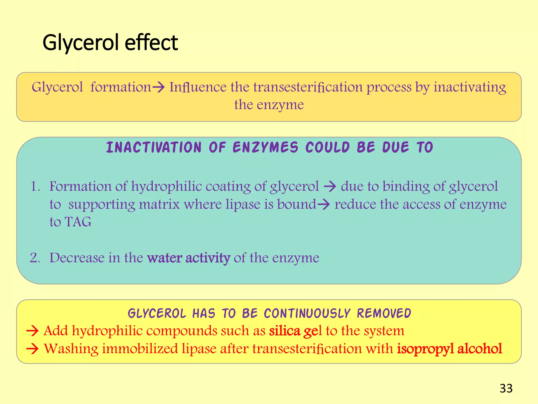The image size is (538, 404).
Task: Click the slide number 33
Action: pyautogui.click(x=506, y=388)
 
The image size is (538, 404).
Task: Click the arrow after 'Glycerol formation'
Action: pyautogui.click(x=158, y=87)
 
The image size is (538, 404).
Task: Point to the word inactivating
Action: pyautogui.click(x=470, y=87)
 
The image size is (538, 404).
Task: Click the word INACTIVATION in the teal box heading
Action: pyautogui.click(x=154, y=147)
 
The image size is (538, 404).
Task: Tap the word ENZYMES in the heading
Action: pyautogui.click(x=266, y=147)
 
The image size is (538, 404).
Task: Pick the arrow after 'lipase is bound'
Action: pyautogui.click(x=323, y=204)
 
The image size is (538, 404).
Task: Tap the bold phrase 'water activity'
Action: pyautogui.click(x=189, y=258)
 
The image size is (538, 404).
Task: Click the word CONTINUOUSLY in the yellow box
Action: pyautogui.click(x=307, y=313)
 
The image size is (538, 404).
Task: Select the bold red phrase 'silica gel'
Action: pyautogui.click(x=295, y=331)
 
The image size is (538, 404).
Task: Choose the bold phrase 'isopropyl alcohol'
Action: pyautogui.click(x=449, y=349)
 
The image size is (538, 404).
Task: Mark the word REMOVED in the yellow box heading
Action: pyautogui.click(x=384, y=313)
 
